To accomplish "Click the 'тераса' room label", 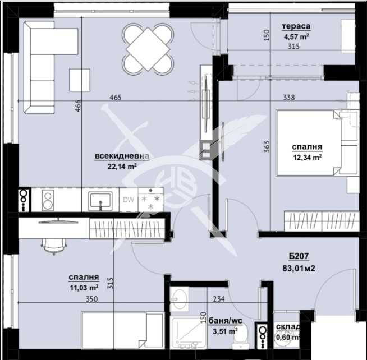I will coord(296,26).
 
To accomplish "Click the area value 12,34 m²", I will coord(306,158).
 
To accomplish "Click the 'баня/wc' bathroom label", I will coord(224,321).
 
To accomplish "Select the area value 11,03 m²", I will coord(84,287).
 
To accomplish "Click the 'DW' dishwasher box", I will coord(127,200).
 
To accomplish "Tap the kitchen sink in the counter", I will coord(102,199).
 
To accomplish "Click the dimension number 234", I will coord(219,299).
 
